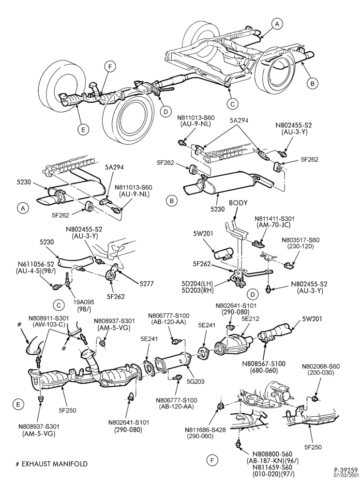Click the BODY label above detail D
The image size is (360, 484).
pos(238,203)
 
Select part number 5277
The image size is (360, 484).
pos(147,283)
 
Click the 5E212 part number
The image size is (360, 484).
pos(251,318)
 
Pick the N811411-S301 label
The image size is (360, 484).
pos(274,218)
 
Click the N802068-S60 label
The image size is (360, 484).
pos(321,366)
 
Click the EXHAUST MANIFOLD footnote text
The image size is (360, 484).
pos(54,464)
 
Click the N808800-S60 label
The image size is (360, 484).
pos(272,454)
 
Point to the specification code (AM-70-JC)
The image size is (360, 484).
pos(274,225)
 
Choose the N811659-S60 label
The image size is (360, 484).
pos(272,467)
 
